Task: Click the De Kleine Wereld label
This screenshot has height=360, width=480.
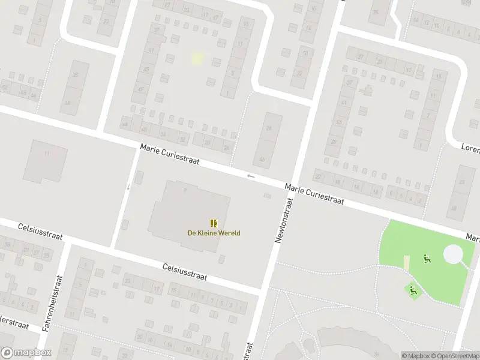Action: click(x=209, y=233)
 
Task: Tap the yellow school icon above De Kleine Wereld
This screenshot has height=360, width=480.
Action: click(x=213, y=223)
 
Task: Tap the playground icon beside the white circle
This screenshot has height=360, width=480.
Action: click(x=427, y=259)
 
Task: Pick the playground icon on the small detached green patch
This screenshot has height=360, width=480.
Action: click(x=413, y=290)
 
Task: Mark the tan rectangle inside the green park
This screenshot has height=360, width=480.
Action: click(x=406, y=263)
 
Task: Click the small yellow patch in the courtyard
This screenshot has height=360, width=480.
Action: click(x=197, y=58)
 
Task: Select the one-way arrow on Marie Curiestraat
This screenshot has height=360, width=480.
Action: click(x=251, y=176)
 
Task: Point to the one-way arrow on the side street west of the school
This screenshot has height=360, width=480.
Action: click(x=127, y=187)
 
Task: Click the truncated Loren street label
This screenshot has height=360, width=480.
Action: click(x=470, y=147)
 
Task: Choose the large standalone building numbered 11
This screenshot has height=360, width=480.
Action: click(x=46, y=160)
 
